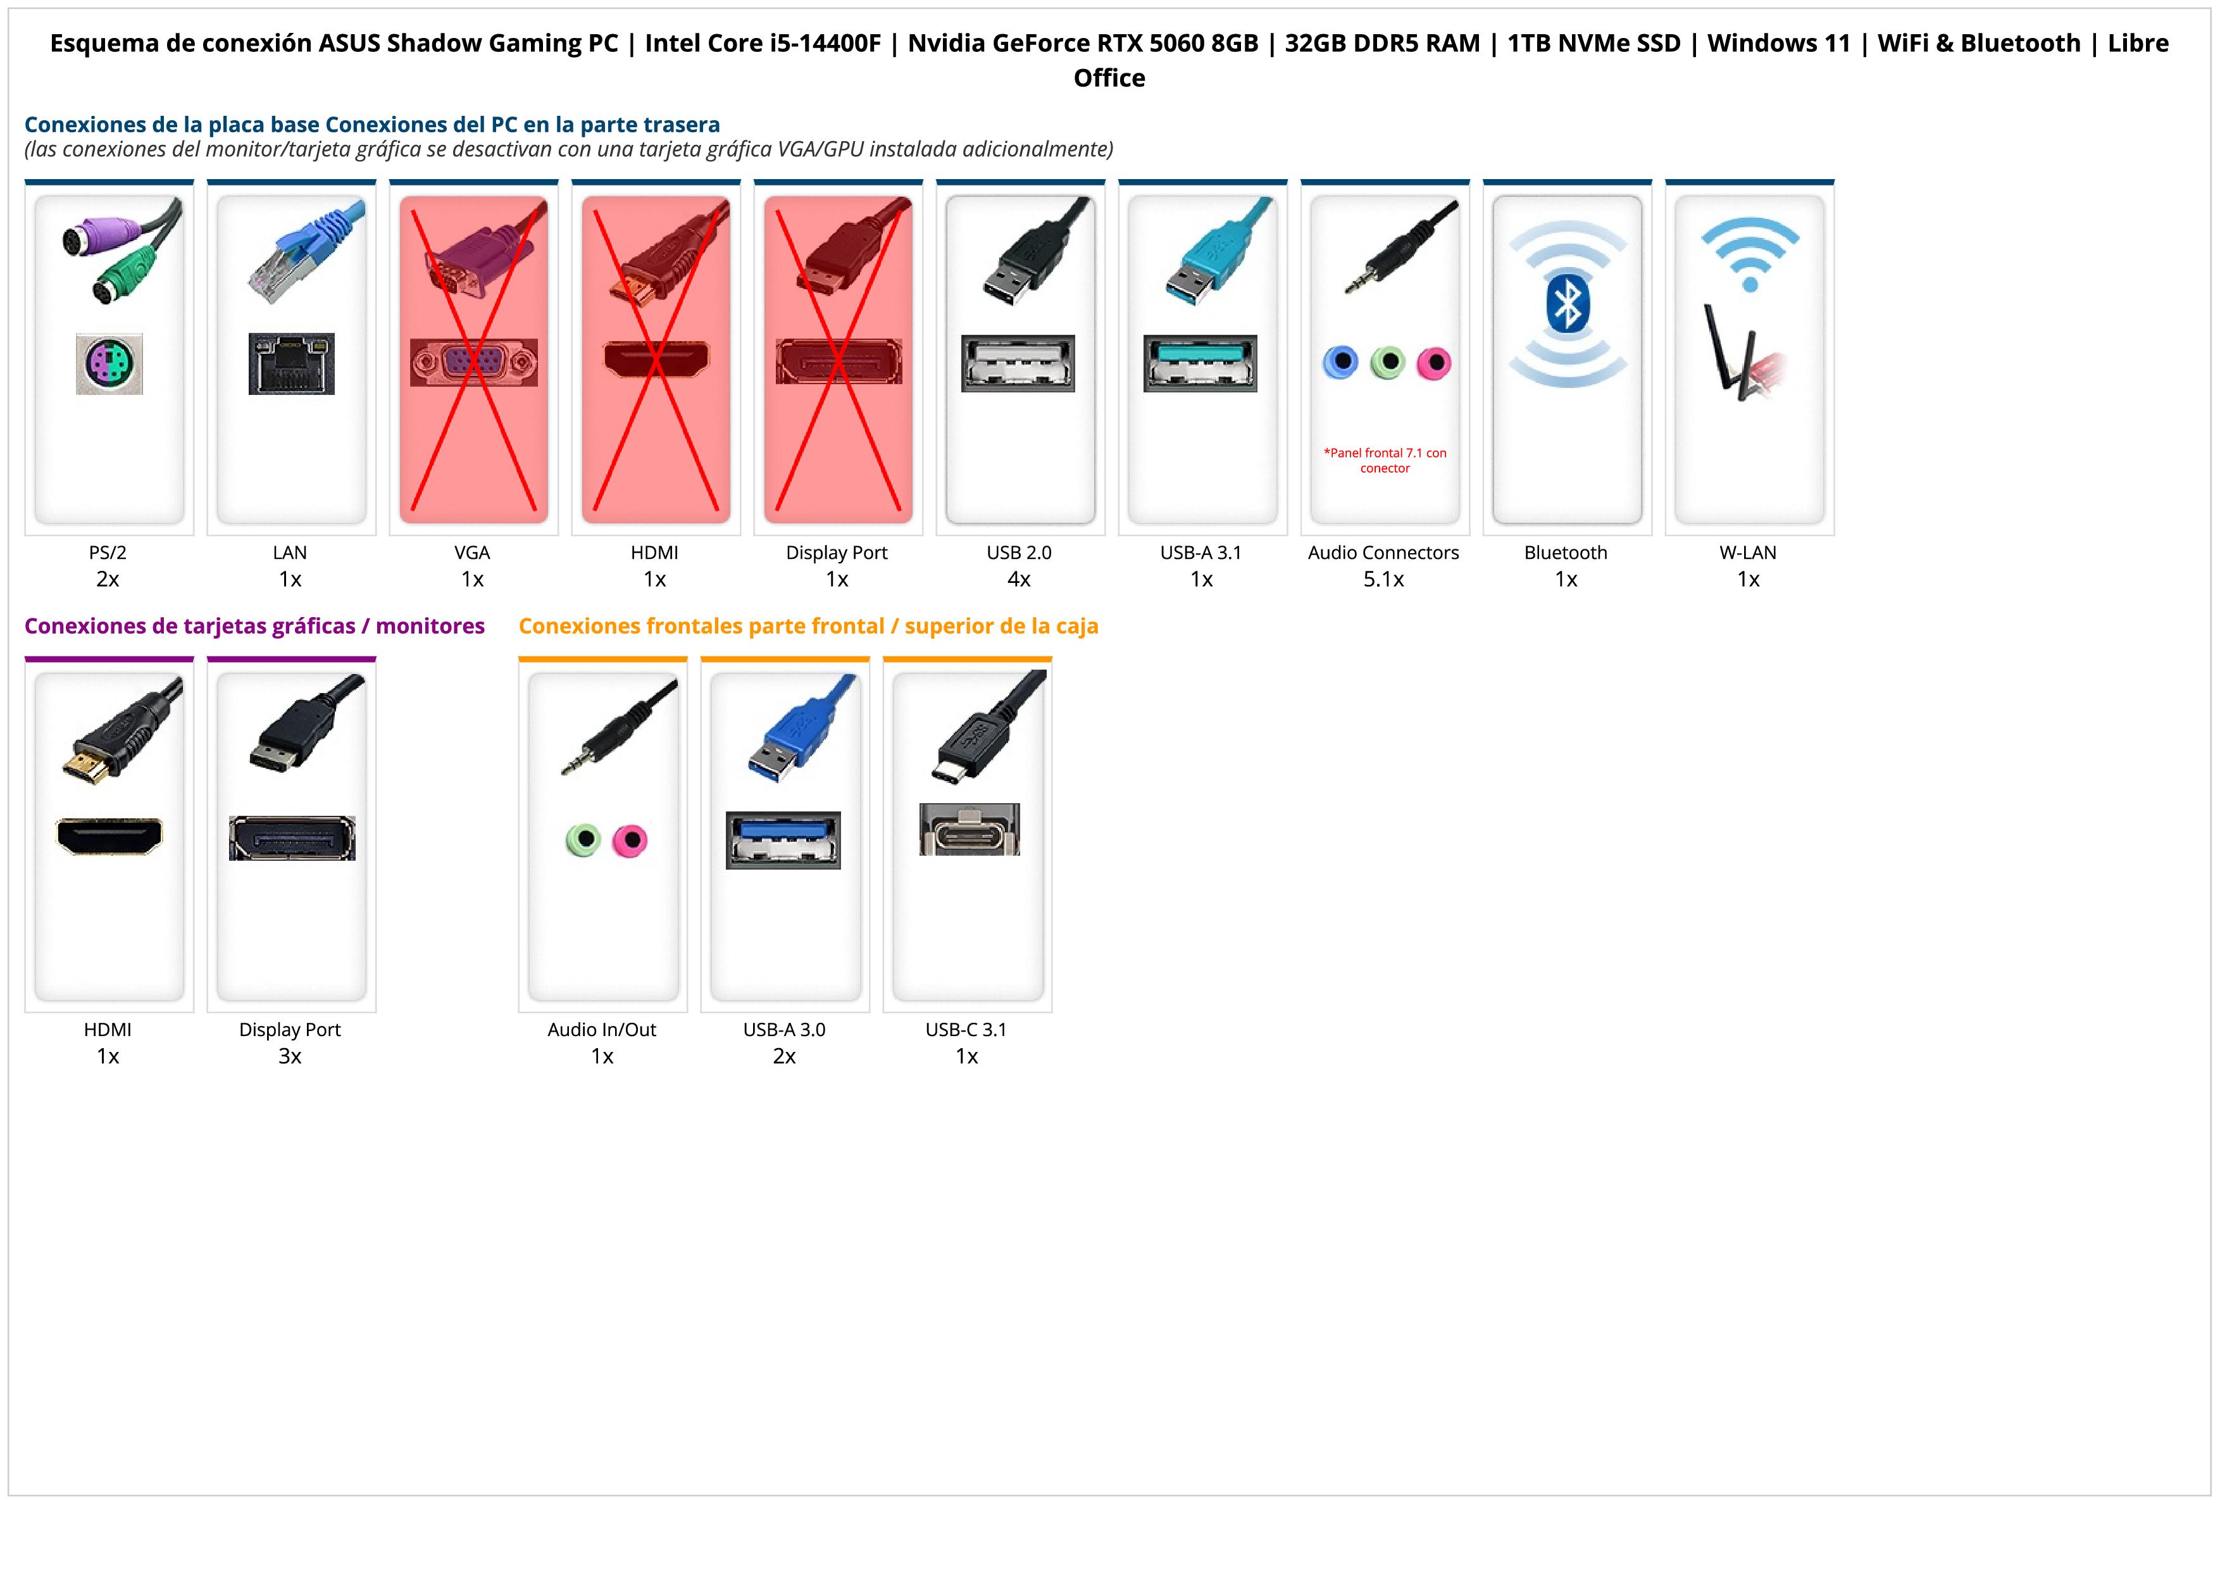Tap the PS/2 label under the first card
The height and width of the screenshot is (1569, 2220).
(108, 553)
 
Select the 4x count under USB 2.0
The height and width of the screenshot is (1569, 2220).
(1019, 579)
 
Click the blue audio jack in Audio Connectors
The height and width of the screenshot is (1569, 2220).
(1340, 363)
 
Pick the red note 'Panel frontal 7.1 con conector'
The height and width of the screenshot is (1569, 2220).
(1385, 460)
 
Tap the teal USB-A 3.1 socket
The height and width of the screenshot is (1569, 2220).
(1200, 363)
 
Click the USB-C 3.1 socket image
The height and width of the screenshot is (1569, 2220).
(969, 830)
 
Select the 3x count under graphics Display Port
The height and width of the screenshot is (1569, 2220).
(290, 1056)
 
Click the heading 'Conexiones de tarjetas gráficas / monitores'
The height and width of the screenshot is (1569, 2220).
(254, 627)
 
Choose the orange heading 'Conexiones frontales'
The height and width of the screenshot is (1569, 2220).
(808, 627)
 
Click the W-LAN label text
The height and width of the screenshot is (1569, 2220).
(1747, 553)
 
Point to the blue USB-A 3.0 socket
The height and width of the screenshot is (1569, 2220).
(783, 840)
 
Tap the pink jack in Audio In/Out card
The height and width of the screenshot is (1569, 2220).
(630, 840)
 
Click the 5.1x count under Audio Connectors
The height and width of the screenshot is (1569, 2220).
(1383, 579)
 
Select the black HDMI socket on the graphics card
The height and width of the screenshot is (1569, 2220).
(109, 836)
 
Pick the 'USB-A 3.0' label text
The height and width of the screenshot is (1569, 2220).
(784, 1030)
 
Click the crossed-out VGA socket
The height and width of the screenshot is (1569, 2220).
(473, 363)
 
